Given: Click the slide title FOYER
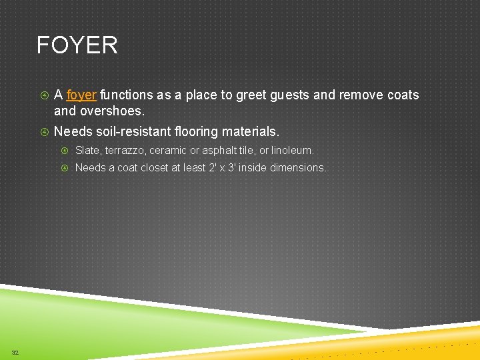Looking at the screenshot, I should click(x=77, y=45).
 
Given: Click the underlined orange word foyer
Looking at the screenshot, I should click(x=82, y=95).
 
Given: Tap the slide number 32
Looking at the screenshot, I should click(x=15, y=352).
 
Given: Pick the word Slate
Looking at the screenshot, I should click(x=89, y=151).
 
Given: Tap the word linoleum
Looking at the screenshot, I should click(x=291, y=151).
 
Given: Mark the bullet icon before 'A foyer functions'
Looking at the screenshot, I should click(x=43, y=95).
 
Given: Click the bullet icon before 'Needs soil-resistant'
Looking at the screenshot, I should click(x=43, y=132).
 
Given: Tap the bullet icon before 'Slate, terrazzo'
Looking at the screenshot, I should click(x=65, y=151).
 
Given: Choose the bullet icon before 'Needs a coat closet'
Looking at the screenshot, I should click(x=65, y=168).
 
